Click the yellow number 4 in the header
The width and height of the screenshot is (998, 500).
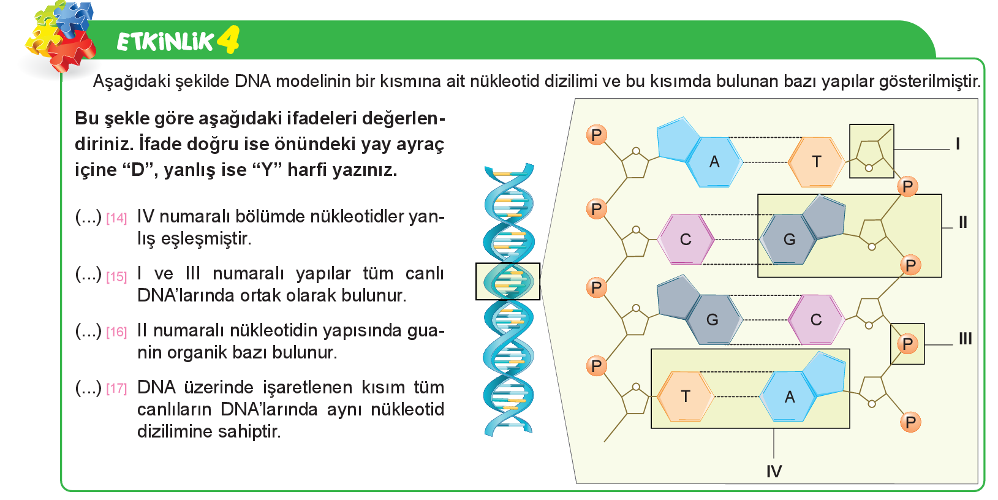(229, 40)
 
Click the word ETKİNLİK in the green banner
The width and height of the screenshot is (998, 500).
(165, 42)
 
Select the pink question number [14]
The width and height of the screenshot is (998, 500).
(117, 218)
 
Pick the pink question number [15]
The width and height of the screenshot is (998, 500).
(117, 277)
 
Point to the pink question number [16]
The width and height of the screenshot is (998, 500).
(117, 332)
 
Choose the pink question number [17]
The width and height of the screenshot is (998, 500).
(117, 388)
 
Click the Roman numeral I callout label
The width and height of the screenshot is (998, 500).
(958, 144)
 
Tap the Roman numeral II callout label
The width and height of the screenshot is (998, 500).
(963, 222)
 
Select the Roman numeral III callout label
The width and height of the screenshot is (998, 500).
(966, 339)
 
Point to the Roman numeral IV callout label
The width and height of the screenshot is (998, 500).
(774, 471)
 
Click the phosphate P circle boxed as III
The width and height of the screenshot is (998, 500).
(907, 344)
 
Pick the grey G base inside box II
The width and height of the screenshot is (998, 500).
(802, 230)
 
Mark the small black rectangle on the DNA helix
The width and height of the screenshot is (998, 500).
(508, 282)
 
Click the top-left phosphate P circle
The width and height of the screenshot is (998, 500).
(597, 135)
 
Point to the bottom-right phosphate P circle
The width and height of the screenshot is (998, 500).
(910, 422)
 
